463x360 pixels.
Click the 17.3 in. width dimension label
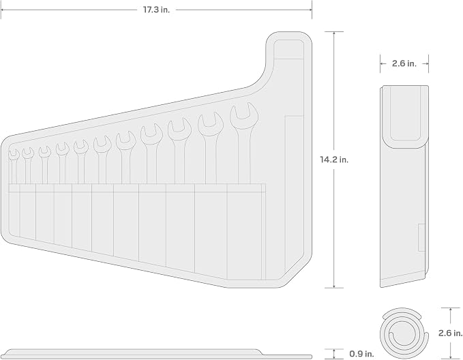click(157, 10)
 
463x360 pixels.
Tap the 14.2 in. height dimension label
click(334, 160)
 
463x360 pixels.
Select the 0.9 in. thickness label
click(361, 353)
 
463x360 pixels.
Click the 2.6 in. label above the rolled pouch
click(404, 63)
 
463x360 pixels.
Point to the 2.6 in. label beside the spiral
click(450, 333)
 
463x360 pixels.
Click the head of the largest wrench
click(244, 116)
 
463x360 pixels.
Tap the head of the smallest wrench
click(14, 155)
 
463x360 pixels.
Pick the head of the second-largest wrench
click(211, 125)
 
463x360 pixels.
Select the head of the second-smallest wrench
click(28, 153)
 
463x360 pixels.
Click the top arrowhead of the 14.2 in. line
click(334, 33)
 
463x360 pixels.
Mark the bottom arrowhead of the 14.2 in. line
click(334, 286)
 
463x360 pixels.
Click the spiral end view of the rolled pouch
click(404, 333)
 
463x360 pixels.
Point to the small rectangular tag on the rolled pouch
click(421, 238)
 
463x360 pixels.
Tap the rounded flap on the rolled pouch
click(404, 116)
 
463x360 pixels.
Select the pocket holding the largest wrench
click(244, 232)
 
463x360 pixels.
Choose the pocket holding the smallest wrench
click(14, 210)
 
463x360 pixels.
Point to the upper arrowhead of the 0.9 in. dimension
click(334, 351)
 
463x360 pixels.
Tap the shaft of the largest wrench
click(244, 157)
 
